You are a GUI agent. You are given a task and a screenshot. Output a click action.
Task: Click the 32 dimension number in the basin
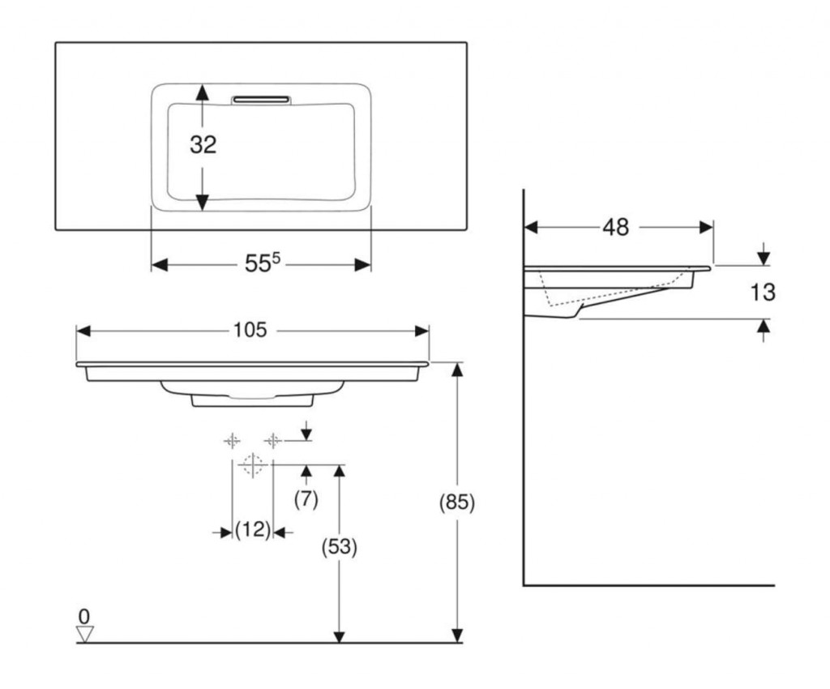pos(203,144)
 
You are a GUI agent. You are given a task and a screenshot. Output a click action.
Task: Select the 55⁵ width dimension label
pos(262,263)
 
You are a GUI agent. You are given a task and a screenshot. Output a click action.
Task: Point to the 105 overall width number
pos(250,330)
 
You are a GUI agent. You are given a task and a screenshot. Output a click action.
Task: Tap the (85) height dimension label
pos(456,502)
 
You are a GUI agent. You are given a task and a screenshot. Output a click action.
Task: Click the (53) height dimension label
pos(340,546)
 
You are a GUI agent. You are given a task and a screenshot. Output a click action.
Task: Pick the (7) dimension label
pos(306,499)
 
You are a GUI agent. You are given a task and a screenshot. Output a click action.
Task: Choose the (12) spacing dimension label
pos(252,531)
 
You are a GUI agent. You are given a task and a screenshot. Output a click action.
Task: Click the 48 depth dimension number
pos(616,228)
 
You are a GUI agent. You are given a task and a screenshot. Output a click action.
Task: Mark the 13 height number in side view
pos(763,292)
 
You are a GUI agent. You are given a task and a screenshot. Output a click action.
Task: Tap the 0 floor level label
pos(84,616)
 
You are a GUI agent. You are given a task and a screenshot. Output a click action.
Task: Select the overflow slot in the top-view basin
pos(261,100)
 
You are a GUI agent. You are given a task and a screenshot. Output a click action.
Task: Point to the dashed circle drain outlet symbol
pos(252,464)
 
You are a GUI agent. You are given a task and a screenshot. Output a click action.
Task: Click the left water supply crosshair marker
pos(233,440)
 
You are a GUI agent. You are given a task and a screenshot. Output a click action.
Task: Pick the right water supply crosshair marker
pos(273,440)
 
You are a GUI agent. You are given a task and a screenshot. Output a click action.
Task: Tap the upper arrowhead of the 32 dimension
pos(203,92)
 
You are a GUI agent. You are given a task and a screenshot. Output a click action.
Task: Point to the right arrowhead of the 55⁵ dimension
pos(364,265)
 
